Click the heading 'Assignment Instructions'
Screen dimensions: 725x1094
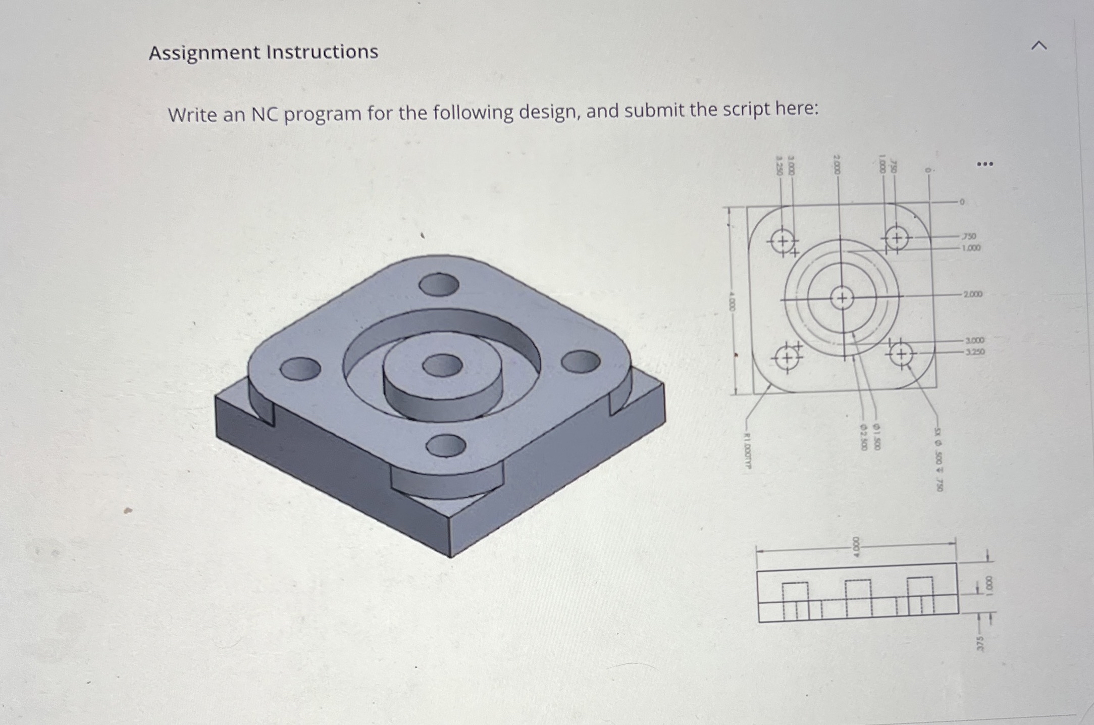pyautogui.click(x=263, y=52)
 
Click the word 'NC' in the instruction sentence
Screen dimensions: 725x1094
pyautogui.click(x=265, y=114)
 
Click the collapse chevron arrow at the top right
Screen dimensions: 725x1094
pyautogui.click(x=1038, y=46)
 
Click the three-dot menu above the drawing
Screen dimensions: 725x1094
pyautogui.click(x=984, y=164)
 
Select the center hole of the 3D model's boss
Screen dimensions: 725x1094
pyautogui.click(x=442, y=365)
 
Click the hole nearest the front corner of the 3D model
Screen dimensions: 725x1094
pyautogui.click(x=445, y=445)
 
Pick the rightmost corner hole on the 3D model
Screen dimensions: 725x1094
pyautogui.click(x=581, y=361)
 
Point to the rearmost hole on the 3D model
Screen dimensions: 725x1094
pyautogui.click(x=439, y=285)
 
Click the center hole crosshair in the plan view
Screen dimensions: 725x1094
pyautogui.click(x=842, y=298)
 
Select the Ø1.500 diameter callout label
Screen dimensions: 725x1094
pyautogui.click(x=877, y=438)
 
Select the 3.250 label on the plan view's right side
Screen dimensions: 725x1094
pyautogui.click(x=975, y=351)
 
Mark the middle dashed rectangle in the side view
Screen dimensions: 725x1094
pyautogui.click(x=859, y=598)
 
